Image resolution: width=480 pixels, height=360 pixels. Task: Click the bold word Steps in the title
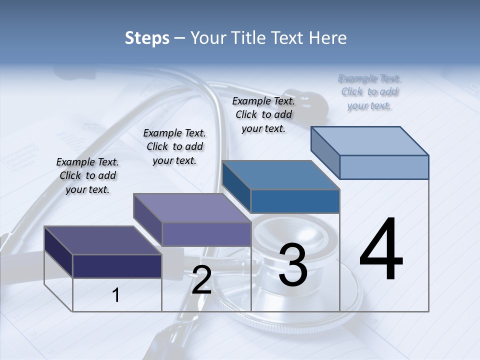(147, 38)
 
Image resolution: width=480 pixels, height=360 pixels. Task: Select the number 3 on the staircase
(292, 265)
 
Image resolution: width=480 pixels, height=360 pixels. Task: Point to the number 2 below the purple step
(201, 280)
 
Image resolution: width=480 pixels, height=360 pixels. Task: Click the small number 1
(116, 295)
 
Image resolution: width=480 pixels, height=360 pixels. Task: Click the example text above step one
(87, 175)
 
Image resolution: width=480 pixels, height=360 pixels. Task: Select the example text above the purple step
(174, 146)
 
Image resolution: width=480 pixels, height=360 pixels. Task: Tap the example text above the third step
(263, 114)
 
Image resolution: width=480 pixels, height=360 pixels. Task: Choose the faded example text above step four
(369, 91)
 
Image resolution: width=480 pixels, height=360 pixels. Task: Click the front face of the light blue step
(384, 167)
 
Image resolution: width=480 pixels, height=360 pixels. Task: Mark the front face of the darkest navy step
(117, 266)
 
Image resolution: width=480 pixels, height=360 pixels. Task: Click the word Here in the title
(328, 38)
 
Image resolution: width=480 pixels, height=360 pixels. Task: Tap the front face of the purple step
(206, 234)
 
